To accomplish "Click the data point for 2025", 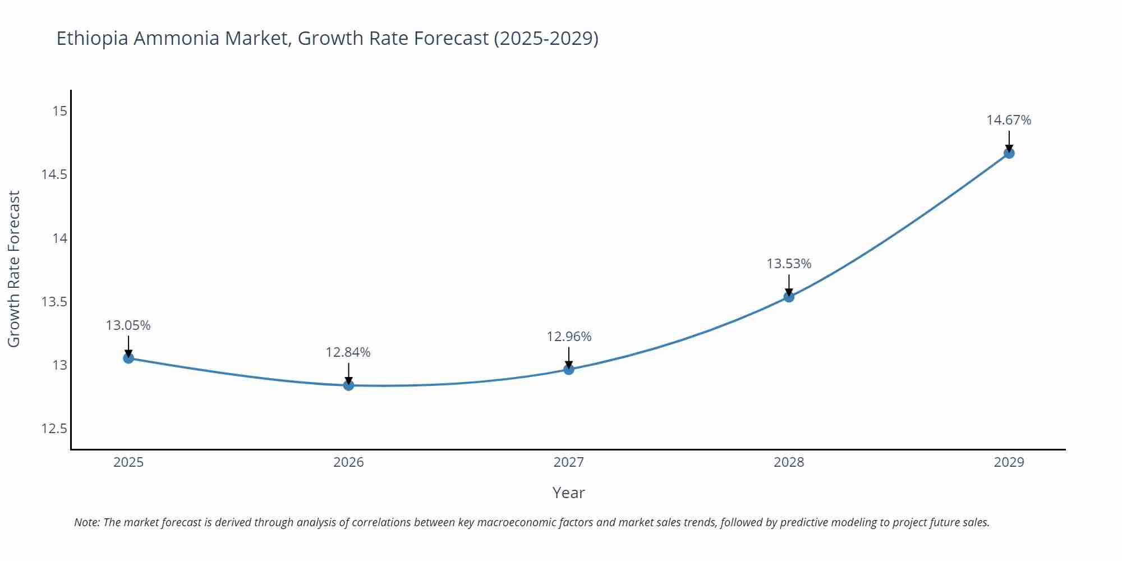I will [128, 358].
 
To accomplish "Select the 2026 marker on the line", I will [348, 385].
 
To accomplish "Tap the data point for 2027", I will [569, 369].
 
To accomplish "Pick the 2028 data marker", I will [789, 297].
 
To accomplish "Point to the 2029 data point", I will [1009, 153].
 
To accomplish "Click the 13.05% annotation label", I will [128, 325].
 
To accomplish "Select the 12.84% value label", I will [348, 352].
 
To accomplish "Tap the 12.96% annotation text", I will [569, 337].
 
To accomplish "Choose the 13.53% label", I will [789, 264].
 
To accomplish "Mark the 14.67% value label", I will [1009, 120].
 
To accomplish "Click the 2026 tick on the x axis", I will [348, 462].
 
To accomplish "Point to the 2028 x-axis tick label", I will [789, 462].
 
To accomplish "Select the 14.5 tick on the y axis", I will [54, 174].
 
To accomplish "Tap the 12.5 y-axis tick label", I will [54, 429].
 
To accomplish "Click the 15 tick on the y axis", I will [59, 111].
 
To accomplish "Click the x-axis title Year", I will [568, 493].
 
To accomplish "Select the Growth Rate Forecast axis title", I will [14, 269].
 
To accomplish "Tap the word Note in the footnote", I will [86, 522].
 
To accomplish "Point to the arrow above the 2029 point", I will [1009, 140].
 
